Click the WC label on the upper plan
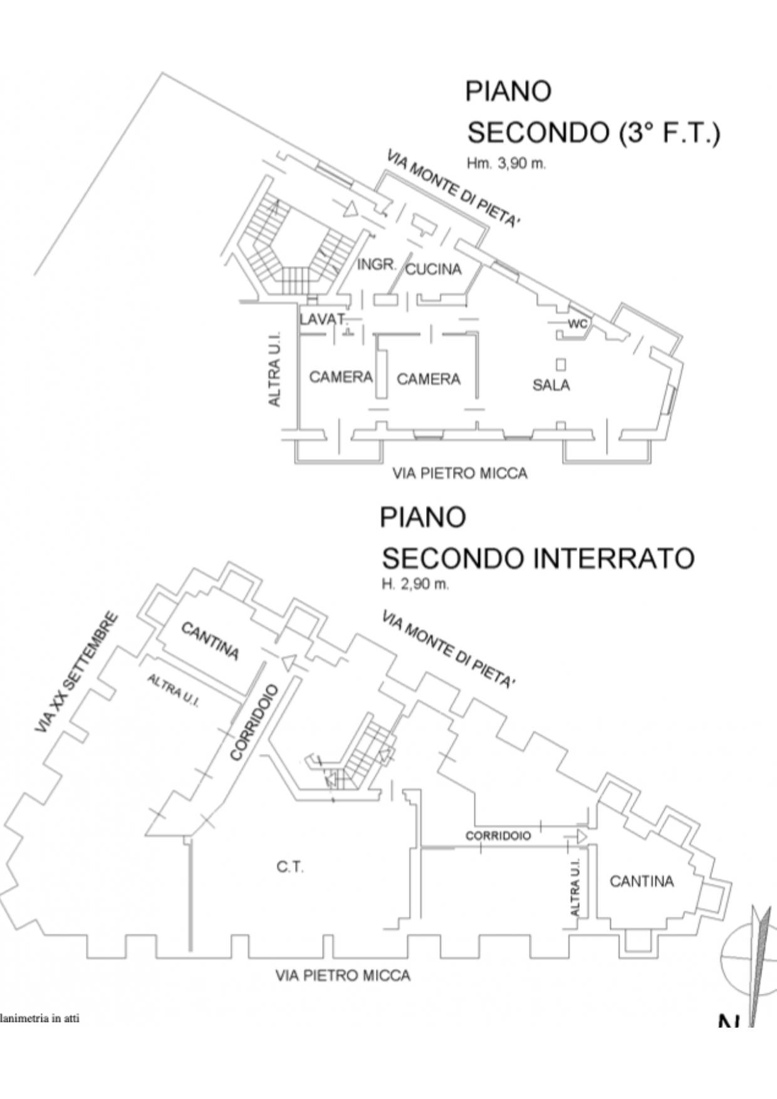point(577,324)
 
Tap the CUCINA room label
point(434,269)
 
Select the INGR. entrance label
point(377,265)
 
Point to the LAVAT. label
point(322,319)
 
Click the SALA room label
point(551,385)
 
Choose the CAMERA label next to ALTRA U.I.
point(341,377)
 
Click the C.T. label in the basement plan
point(290,867)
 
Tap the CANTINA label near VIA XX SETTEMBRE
point(211,641)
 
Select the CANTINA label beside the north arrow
point(642,881)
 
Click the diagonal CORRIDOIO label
point(254,722)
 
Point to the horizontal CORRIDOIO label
point(498,836)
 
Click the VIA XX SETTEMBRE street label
point(76,673)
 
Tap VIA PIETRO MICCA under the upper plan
point(459,473)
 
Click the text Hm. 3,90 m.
point(506,164)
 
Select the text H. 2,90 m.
point(415,584)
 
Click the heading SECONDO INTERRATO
point(538,558)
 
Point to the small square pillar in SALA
point(561,364)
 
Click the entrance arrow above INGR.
point(350,209)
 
